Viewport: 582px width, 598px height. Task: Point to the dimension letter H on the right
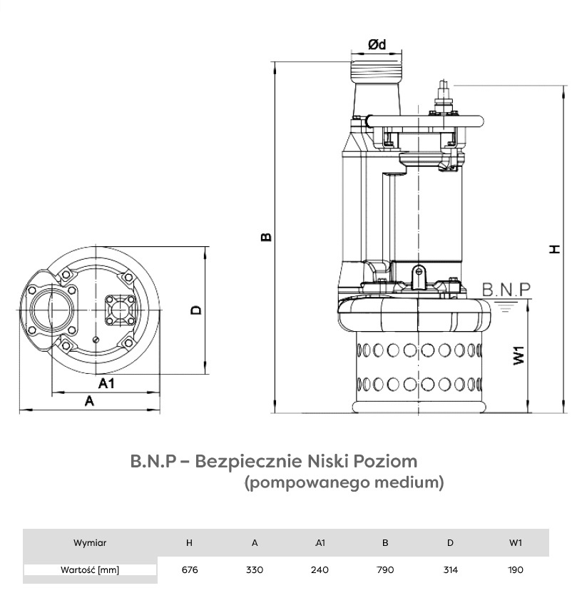pos(554,248)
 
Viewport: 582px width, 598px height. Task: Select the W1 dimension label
pos(519,355)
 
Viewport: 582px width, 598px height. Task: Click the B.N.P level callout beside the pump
pos(506,290)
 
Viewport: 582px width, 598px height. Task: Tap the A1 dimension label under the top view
pos(106,384)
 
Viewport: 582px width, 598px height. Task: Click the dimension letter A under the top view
pos(89,402)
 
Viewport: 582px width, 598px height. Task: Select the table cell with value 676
pos(189,569)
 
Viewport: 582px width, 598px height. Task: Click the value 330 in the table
pos(255,569)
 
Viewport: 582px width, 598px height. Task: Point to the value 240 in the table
pos(320,569)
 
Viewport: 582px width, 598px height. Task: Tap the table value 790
pos(385,569)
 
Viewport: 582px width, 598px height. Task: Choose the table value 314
pos(450,569)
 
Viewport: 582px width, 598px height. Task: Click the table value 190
pos(516,569)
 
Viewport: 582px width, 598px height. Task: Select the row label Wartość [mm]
pos(90,569)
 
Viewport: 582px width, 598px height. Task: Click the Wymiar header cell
pos(90,542)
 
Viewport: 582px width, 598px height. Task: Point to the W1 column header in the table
pos(516,542)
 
